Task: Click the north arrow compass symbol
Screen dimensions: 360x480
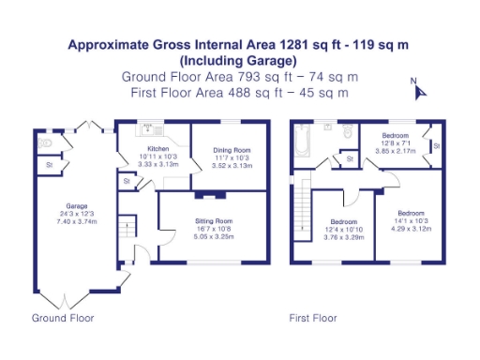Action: pyautogui.click(x=419, y=90)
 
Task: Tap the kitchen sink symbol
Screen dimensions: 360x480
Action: pyautogui.click(x=149, y=128)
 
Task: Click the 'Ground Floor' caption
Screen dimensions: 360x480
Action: pyautogui.click(x=63, y=318)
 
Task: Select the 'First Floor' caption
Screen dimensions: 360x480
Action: pyautogui.click(x=313, y=318)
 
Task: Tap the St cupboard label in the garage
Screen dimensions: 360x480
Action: pyautogui.click(x=49, y=166)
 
